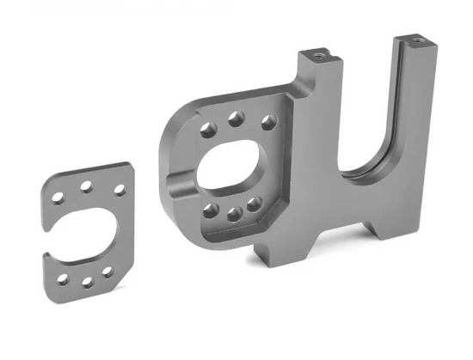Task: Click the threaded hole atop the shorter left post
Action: pyautogui.click(x=318, y=52)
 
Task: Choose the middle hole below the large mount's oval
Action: pyautogui.click(x=232, y=212)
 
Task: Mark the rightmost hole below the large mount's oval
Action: pyautogui.click(x=254, y=204)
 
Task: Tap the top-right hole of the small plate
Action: pyautogui.click(x=118, y=190)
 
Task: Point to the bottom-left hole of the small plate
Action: pyautogui.click(x=64, y=278)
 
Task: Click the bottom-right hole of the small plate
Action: pyautogui.click(x=107, y=272)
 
